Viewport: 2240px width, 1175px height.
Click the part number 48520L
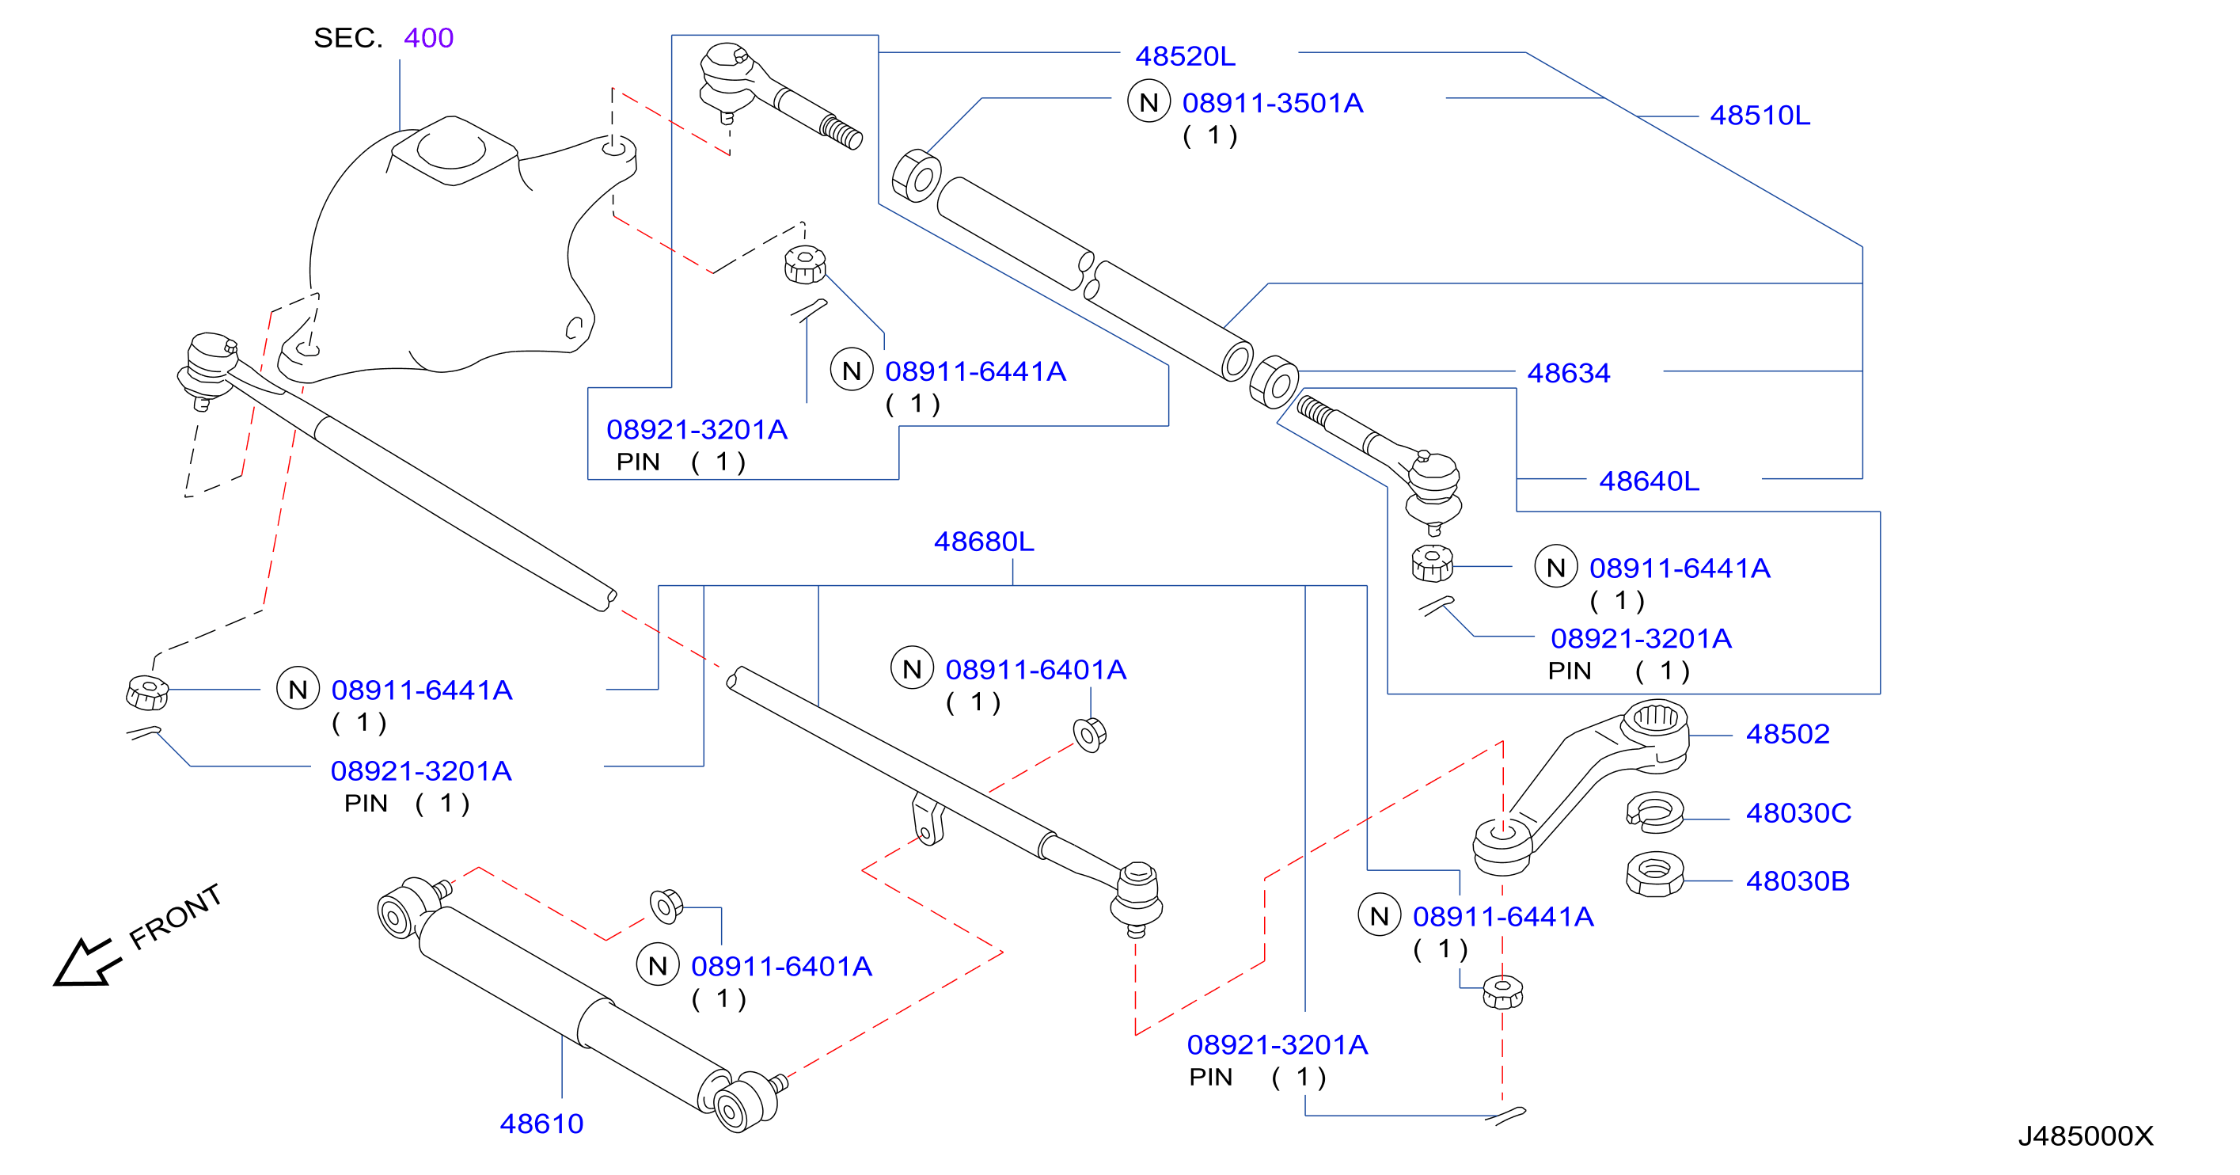1184,56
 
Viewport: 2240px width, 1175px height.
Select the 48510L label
1760,116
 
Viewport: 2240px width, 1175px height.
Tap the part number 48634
1569,373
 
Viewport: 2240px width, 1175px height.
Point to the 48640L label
1649,481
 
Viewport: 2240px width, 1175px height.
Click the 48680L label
984,542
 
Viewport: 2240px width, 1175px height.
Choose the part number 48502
1788,734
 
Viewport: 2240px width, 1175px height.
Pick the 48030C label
1798,813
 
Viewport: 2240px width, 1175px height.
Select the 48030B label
1798,881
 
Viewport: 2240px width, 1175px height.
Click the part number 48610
541,1124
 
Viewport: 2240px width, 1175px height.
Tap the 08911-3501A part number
1272,104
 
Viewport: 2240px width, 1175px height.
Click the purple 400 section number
429,38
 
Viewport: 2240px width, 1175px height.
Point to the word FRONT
176,917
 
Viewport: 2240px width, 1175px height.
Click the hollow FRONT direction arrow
85,962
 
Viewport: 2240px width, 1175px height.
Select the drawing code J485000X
2085,1136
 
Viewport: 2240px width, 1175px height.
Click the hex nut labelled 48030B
1655,873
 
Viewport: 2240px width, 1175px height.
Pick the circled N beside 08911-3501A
1148,103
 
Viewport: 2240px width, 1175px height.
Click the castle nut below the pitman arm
1502,991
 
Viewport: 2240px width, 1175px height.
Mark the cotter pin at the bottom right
1505,1115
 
